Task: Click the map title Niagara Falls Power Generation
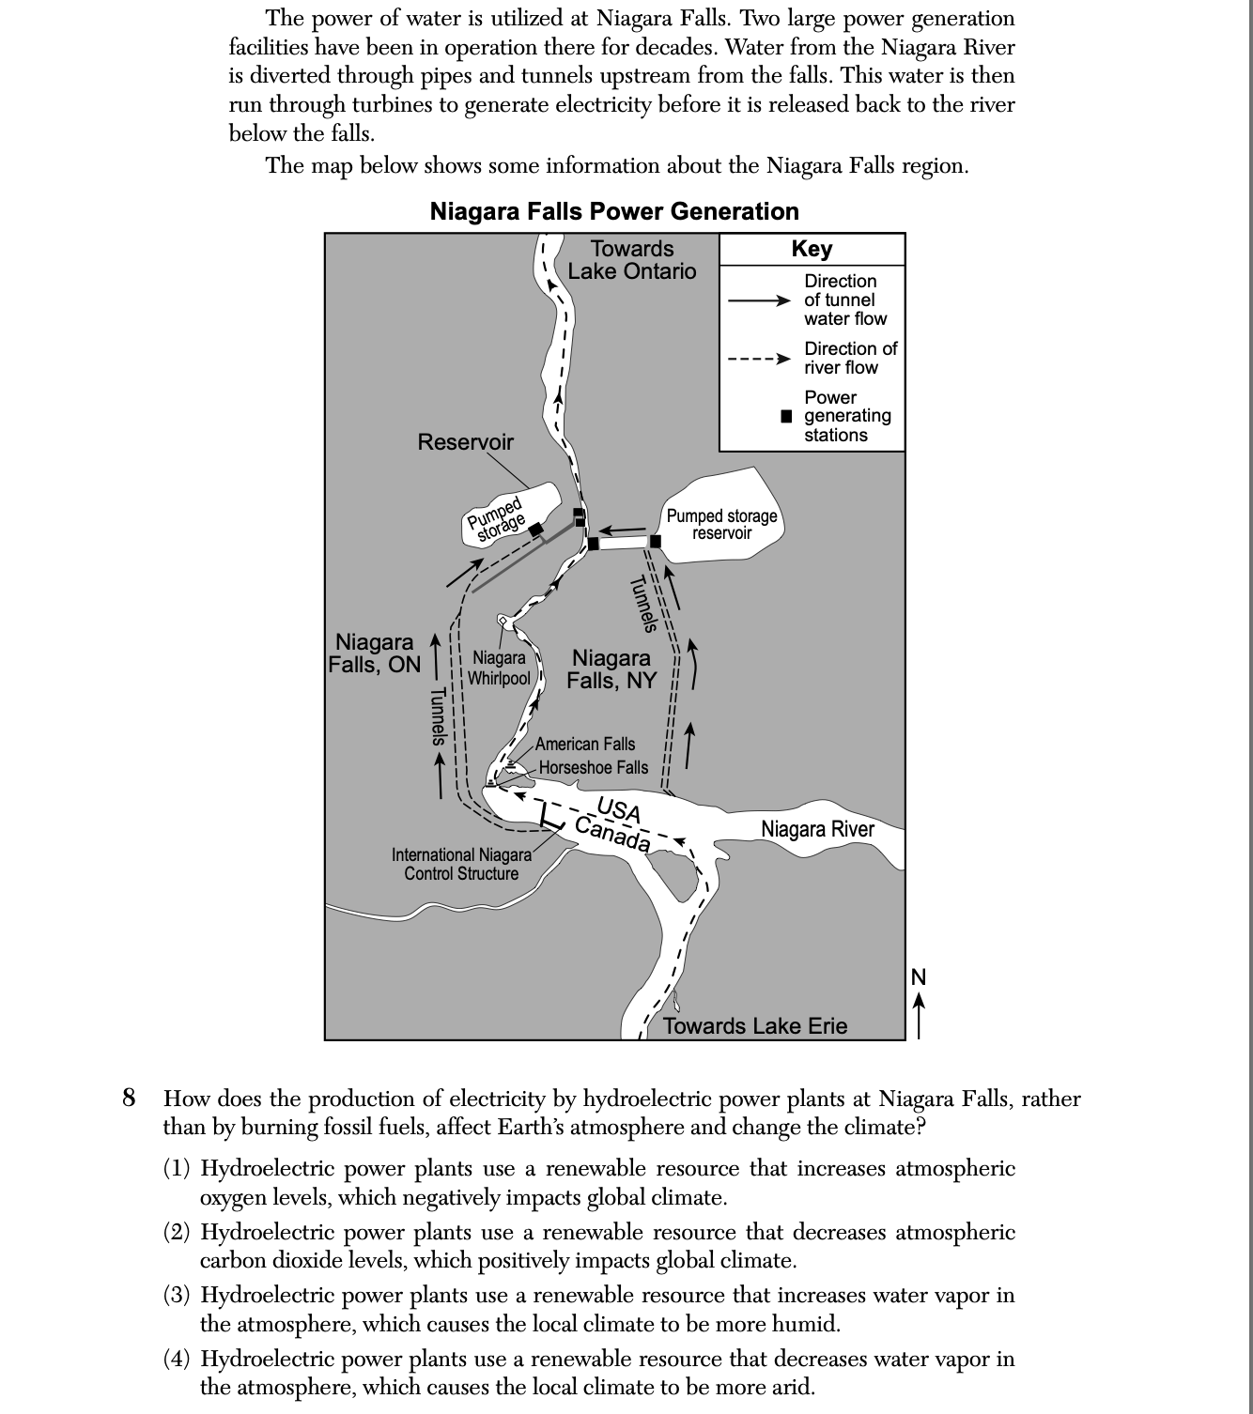614,211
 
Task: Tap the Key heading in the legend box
812,249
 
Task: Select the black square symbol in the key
787,416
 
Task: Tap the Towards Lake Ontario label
632,260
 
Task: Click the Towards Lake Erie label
755,1025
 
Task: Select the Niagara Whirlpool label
499,668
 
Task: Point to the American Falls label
585,744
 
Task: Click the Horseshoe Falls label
594,767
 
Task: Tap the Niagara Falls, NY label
611,669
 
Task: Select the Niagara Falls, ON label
375,653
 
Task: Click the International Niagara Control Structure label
461,864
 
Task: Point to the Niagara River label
817,829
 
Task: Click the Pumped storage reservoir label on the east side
721,524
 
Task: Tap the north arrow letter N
919,977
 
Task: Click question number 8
129,1098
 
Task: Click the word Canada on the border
612,834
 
